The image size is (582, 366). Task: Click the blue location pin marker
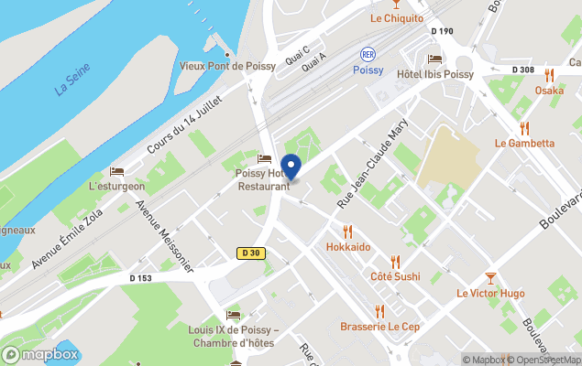pyautogui.click(x=291, y=167)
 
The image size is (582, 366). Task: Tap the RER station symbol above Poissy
pyautogui.click(x=368, y=54)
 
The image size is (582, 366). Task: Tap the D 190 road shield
pyautogui.click(x=442, y=31)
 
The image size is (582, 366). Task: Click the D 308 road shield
pyautogui.click(x=523, y=70)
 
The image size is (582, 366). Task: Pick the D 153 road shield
pyautogui.click(x=140, y=278)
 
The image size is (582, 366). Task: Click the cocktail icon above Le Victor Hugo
pyautogui.click(x=490, y=277)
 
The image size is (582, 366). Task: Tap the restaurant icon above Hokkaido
pyautogui.click(x=347, y=231)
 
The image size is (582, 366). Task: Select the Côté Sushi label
pyautogui.click(x=395, y=276)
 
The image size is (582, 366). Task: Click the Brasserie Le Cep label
pyautogui.click(x=379, y=327)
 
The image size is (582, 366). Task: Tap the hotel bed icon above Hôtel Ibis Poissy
pyautogui.click(x=434, y=59)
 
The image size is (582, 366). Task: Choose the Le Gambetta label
pyautogui.click(x=524, y=143)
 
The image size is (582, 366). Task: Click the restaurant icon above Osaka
pyautogui.click(x=550, y=75)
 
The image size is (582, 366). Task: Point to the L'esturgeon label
pyautogui.click(x=117, y=186)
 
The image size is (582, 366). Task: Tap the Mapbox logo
pyautogui.click(x=41, y=354)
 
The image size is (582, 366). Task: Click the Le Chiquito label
pyautogui.click(x=397, y=18)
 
